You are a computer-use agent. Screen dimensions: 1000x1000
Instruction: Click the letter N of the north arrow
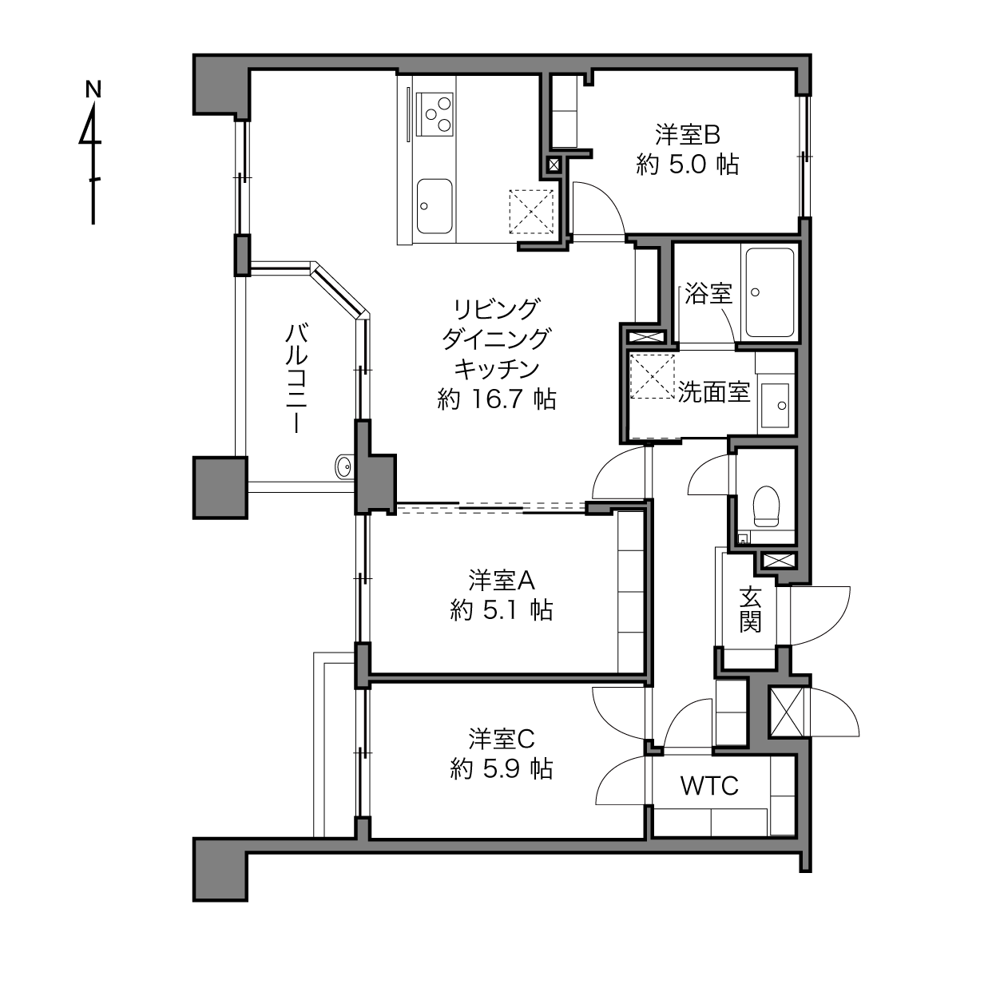93,89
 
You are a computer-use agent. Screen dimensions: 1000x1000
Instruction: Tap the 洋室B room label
687,135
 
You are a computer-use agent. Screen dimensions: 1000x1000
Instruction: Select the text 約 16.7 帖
497,399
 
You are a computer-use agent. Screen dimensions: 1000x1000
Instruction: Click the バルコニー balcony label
296,378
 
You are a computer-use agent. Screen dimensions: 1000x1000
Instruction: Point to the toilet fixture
767,506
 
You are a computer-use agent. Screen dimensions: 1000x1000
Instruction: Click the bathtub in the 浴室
770,293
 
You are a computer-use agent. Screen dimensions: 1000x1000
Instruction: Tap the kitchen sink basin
435,207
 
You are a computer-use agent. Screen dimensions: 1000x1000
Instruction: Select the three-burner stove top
435,115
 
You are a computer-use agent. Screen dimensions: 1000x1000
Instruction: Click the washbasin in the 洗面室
776,406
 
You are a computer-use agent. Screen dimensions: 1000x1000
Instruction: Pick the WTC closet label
709,786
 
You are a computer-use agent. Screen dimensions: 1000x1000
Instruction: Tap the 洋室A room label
502,581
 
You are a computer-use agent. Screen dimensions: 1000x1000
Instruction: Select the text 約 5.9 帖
502,768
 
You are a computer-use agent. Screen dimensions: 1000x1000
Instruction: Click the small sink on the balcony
343,467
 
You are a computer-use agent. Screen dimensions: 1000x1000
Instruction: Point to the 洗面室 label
714,392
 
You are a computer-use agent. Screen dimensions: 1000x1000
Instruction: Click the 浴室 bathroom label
708,294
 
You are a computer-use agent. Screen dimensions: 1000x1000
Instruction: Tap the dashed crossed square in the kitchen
531,212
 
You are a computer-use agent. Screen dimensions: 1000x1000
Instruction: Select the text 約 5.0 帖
687,165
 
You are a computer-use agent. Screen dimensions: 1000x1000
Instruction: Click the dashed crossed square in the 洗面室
653,376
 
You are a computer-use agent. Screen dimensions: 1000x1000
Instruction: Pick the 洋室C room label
502,739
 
